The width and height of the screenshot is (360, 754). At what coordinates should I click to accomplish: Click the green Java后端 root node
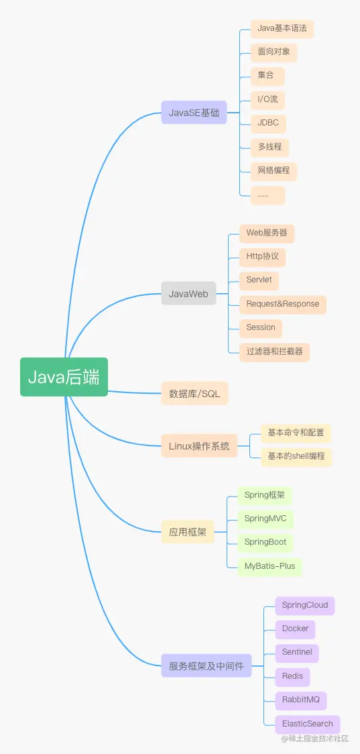tap(64, 377)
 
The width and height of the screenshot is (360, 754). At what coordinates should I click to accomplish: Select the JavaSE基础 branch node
tap(194, 113)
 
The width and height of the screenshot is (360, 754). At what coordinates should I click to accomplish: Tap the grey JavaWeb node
tap(188, 294)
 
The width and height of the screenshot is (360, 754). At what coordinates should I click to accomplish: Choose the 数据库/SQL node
tap(194, 394)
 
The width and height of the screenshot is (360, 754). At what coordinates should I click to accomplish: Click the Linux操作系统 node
tap(199, 446)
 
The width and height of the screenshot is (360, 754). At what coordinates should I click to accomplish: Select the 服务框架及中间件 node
tap(206, 666)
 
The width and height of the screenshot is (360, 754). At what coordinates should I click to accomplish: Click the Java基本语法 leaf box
tap(281, 29)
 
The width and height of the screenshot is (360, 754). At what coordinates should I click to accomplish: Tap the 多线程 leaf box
tap(270, 147)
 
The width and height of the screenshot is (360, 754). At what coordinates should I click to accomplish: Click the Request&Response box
tap(282, 304)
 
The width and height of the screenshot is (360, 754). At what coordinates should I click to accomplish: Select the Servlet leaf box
tap(259, 280)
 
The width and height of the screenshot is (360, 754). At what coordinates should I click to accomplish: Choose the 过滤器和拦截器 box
tap(274, 352)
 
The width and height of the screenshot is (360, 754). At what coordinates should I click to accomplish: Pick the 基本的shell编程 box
tap(296, 457)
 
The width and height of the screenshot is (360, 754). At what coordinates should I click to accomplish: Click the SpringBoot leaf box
tap(265, 542)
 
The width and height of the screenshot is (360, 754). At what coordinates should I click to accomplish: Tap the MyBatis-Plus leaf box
tap(269, 566)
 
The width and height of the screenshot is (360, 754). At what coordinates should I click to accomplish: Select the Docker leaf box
tap(295, 629)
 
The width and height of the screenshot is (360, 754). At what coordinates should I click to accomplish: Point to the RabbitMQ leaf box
tap(301, 700)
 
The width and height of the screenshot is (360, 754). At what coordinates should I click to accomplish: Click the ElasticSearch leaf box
tap(307, 724)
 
